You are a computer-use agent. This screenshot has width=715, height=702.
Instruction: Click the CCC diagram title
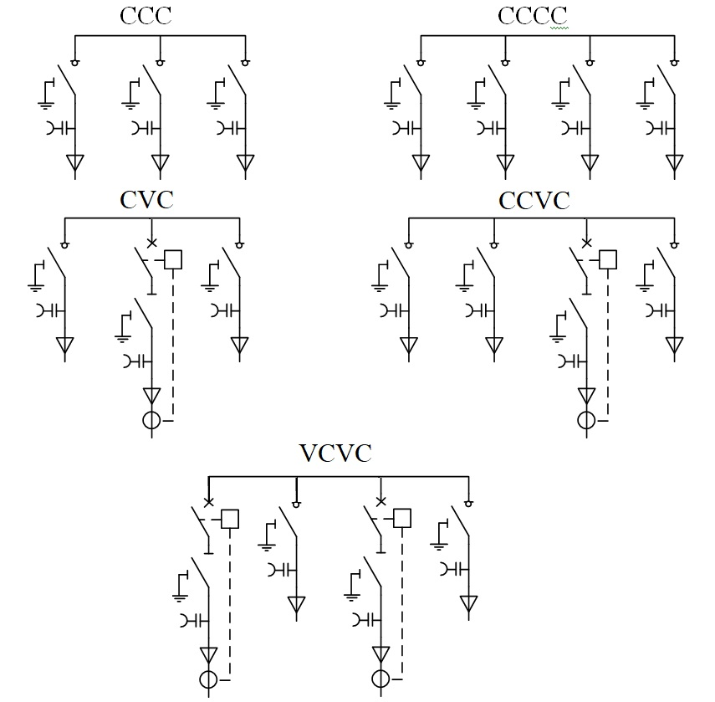(x=146, y=16)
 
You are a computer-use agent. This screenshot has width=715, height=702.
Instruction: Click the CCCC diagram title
(x=532, y=16)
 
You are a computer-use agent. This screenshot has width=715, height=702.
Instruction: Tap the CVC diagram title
(x=146, y=200)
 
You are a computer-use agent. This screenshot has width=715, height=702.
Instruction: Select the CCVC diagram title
(x=534, y=201)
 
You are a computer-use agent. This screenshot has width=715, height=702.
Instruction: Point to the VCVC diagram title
(x=335, y=453)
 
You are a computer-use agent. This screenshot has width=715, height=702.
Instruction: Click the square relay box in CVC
(x=173, y=259)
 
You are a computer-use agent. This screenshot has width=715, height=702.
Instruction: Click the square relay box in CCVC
(x=607, y=259)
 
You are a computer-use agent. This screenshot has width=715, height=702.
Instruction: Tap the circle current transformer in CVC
(x=152, y=420)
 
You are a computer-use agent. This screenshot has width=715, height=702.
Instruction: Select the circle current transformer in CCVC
(x=586, y=420)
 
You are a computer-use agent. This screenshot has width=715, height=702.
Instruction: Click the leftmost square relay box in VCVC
(x=230, y=519)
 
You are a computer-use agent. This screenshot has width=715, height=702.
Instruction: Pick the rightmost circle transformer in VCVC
(x=380, y=679)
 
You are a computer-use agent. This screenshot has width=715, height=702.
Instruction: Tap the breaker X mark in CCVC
(x=586, y=243)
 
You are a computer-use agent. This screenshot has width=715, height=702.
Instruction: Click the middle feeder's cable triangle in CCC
(x=160, y=162)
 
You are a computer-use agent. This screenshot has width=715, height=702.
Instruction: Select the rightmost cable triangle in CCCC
(x=674, y=162)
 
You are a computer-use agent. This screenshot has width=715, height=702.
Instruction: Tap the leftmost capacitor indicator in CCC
(x=60, y=129)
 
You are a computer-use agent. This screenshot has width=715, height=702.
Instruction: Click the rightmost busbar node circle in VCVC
(x=468, y=504)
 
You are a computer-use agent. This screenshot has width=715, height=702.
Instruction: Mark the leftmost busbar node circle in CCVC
(x=409, y=245)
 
